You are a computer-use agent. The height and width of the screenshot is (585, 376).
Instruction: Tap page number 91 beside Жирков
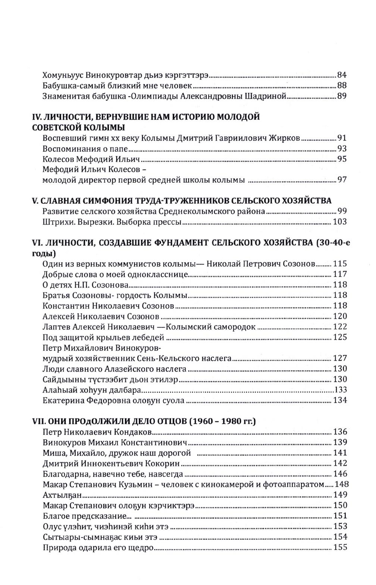(x=342, y=138)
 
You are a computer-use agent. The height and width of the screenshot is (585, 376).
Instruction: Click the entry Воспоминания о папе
(x=85, y=149)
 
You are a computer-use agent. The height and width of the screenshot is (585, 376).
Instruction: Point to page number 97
(x=342, y=180)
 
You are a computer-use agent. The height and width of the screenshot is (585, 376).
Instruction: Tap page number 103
(x=340, y=222)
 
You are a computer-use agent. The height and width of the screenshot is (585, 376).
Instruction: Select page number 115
(x=340, y=264)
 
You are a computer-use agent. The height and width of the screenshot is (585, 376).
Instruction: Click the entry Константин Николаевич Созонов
(x=109, y=306)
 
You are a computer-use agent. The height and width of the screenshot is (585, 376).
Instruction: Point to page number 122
(x=340, y=327)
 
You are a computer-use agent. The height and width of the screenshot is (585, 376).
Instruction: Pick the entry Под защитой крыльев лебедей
(x=103, y=337)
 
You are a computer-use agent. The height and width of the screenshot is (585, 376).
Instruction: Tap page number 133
(x=340, y=390)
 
